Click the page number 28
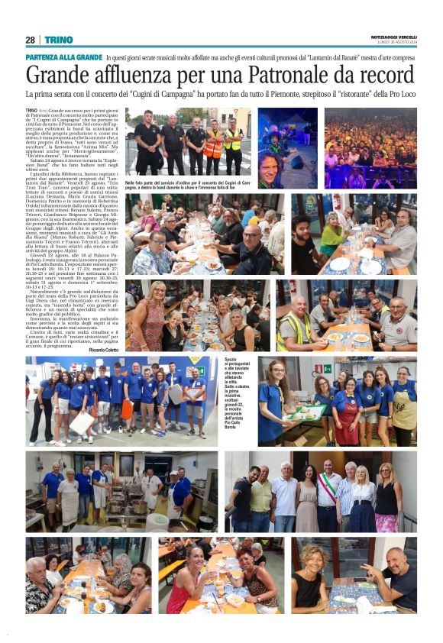pos(30,40)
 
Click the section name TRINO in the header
pos(58,40)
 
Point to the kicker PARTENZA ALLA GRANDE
pos(63,58)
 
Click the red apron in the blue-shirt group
pos(348,415)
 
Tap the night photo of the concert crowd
pos(370,148)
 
